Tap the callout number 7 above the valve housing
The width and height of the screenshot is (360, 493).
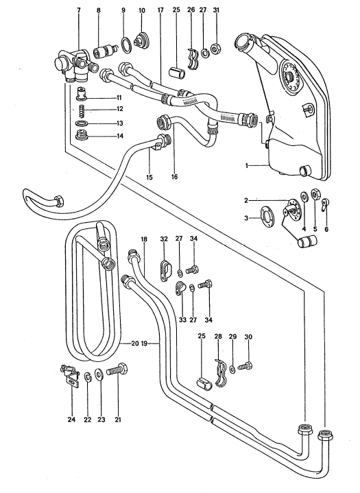click(x=77, y=11)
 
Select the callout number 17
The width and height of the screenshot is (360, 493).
click(x=160, y=11)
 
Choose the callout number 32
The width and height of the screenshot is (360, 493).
click(x=163, y=239)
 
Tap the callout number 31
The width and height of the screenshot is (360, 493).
click(x=216, y=11)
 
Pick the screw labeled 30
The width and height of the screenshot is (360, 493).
click(x=248, y=367)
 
